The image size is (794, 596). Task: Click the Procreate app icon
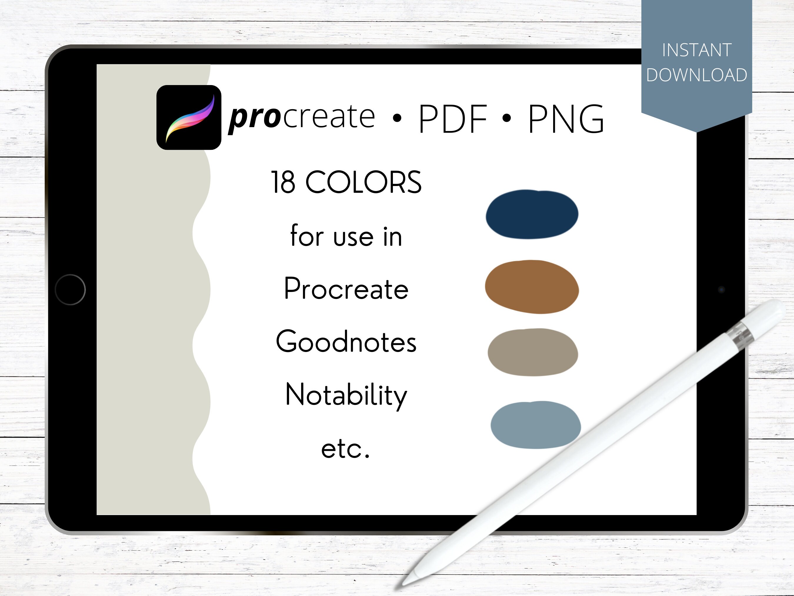189,117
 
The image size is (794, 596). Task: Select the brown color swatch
532,287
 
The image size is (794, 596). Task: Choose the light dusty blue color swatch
535,425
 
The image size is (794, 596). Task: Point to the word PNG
566,119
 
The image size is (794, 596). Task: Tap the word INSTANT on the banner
697,50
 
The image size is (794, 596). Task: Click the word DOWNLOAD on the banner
697,75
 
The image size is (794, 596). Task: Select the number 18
283,182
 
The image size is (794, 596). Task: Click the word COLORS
363,182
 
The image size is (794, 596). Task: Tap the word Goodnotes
346,342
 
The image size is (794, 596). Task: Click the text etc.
345,449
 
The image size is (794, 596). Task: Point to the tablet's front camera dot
721,290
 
